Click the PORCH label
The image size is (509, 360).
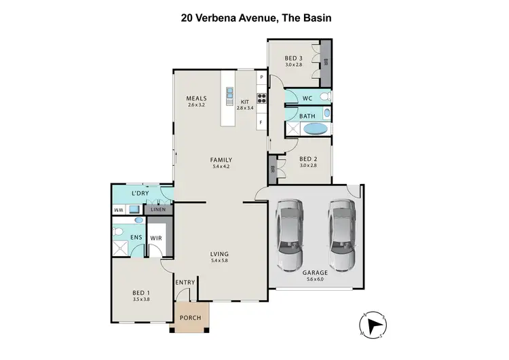(x=190, y=318)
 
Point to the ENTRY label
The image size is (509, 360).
(x=185, y=283)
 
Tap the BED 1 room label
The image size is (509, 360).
(x=141, y=293)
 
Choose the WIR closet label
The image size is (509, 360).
(x=156, y=238)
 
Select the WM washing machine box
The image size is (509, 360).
(x=119, y=211)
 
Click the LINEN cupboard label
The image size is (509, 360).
(x=158, y=211)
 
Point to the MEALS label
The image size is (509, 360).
(x=196, y=98)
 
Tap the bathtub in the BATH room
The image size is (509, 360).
(x=314, y=128)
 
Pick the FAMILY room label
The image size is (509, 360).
(x=221, y=160)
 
